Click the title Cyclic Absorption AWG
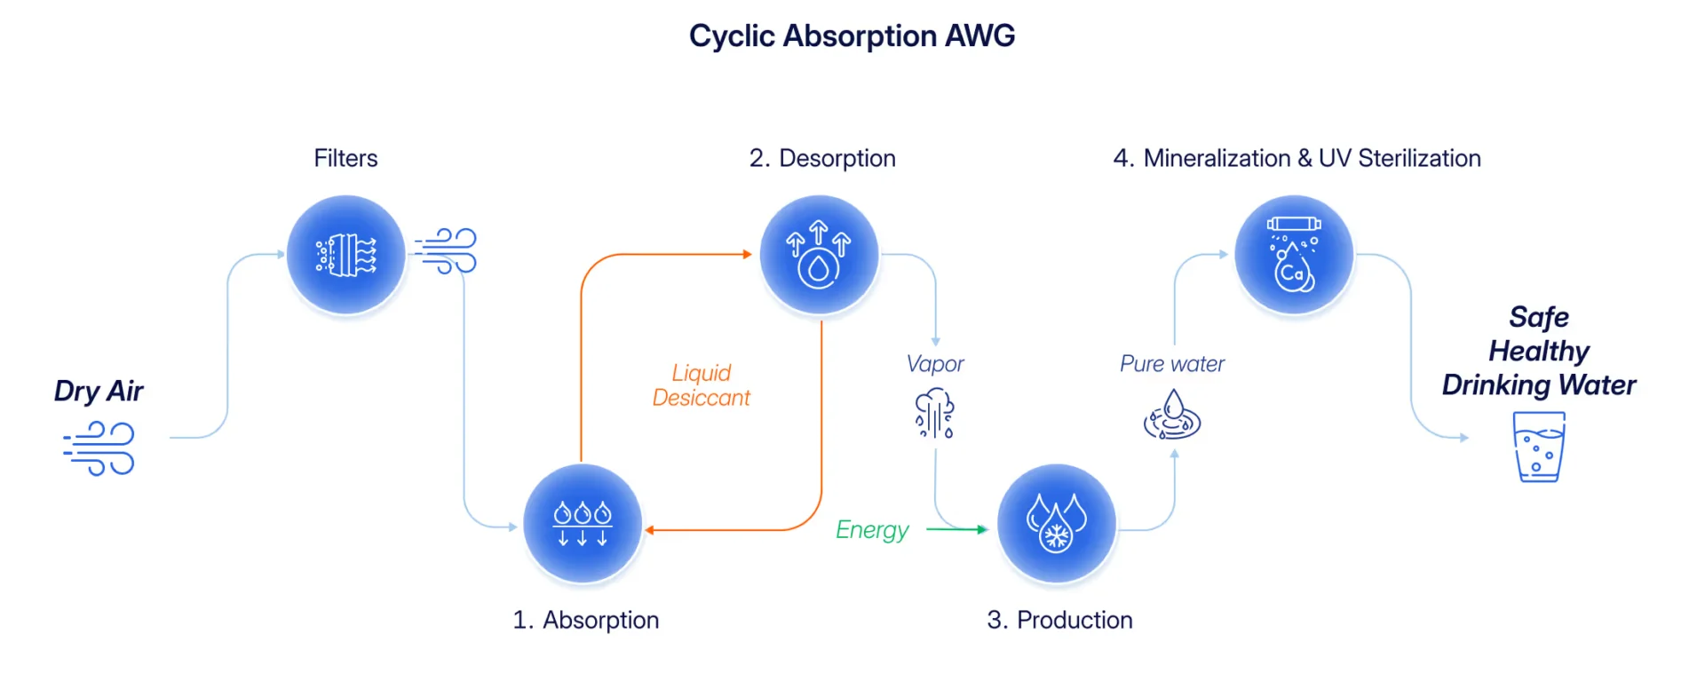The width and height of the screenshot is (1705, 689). [852, 36]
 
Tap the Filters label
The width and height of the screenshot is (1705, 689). [345, 158]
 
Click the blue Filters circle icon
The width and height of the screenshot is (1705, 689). [346, 255]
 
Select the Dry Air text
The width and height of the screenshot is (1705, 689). [99, 391]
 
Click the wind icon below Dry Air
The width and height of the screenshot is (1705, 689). [99, 448]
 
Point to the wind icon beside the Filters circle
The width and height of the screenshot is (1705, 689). [446, 250]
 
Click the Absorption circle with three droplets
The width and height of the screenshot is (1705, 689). [583, 523]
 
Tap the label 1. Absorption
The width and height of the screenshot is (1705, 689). [586, 620]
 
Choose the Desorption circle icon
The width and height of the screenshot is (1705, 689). [819, 255]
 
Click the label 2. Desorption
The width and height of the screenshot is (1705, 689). [822, 158]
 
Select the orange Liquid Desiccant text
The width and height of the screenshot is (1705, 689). [701, 385]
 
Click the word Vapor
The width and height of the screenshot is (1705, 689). [935, 364]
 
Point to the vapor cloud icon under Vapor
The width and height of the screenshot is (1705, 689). [935, 414]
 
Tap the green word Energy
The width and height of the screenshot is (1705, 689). [872, 530]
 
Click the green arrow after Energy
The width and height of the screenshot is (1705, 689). [956, 529]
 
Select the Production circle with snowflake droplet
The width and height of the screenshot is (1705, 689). [1057, 523]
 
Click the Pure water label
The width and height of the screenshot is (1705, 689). [1171, 364]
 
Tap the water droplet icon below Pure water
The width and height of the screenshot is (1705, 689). [1172, 416]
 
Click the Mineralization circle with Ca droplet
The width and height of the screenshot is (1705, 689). [1294, 255]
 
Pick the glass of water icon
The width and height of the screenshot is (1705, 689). [1539, 448]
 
